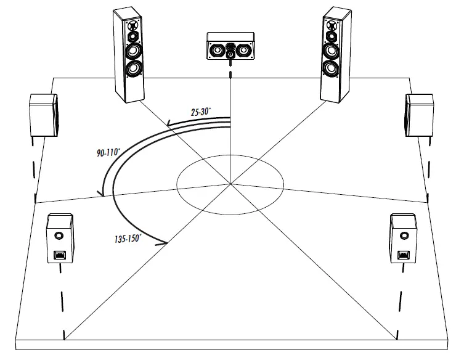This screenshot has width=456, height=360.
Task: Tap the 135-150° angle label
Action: (128, 237)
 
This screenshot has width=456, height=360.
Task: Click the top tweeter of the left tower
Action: (131, 26)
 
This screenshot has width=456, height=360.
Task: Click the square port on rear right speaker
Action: (404, 255)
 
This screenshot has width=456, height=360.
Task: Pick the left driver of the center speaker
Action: (218, 49)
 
